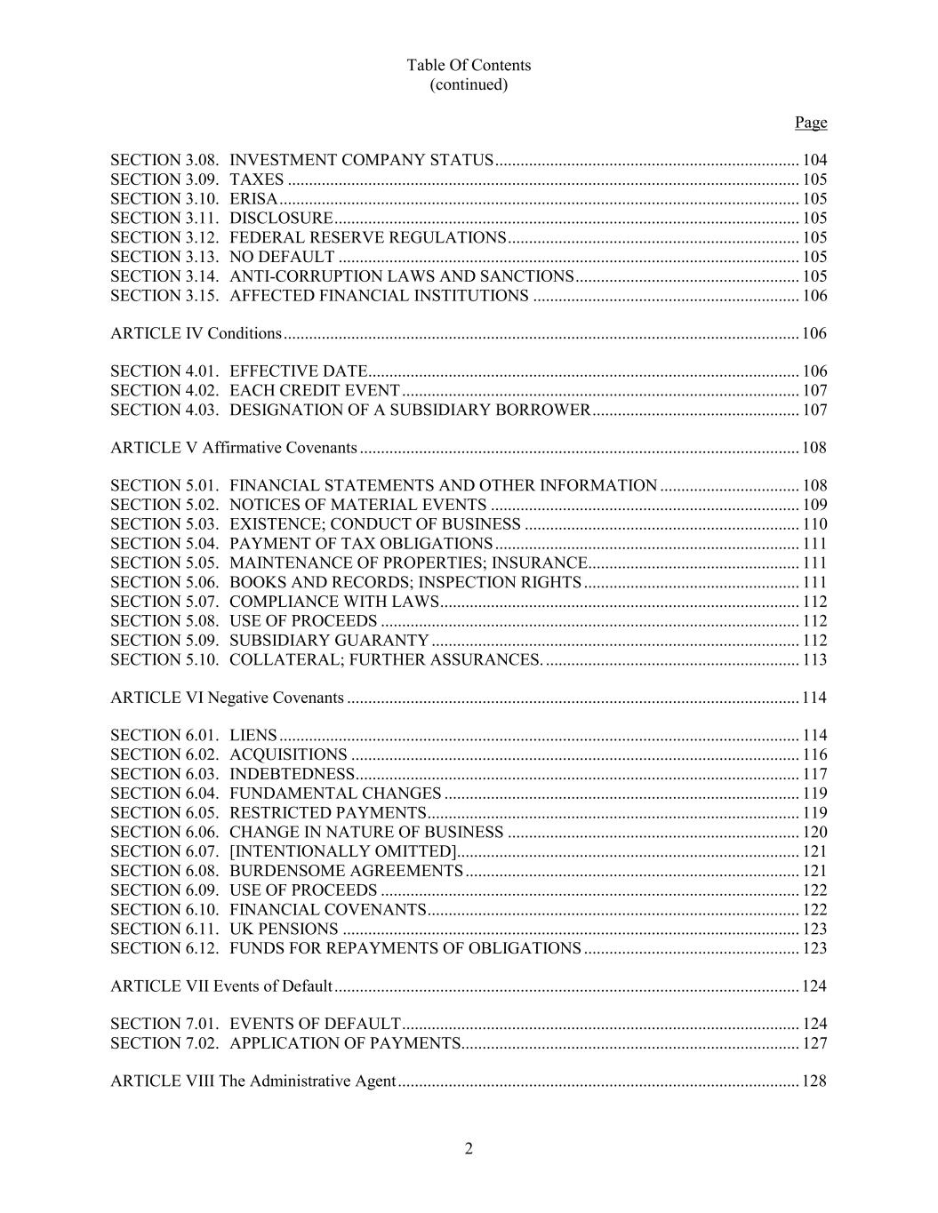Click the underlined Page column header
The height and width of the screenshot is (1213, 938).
click(810, 123)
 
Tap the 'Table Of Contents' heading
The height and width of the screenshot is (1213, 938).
click(469, 65)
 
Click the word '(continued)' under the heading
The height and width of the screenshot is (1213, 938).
click(469, 84)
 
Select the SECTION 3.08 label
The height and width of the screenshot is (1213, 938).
click(164, 161)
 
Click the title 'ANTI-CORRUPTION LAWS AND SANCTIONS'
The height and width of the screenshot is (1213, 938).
click(401, 276)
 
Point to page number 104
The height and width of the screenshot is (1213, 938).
click(814, 161)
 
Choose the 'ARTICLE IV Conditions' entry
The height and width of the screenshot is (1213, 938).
click(196, 334)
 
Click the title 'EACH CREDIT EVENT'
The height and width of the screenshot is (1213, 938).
click(315, 391)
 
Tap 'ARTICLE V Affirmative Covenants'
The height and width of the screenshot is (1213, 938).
click(234, 448)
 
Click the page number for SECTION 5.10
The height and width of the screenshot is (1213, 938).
click(814, 660)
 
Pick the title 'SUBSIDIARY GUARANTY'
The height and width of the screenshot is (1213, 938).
click(329, 641)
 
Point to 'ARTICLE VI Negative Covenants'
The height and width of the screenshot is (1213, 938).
click(227, 698)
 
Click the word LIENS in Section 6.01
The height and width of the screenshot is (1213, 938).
click(253, 736)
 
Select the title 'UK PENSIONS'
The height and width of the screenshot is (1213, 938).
click(284, 930)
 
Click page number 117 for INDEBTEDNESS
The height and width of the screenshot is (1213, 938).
click(814, 775)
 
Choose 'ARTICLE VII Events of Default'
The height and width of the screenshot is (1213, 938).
click(221, 986)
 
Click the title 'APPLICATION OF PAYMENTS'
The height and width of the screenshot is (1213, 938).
click(345, 1044)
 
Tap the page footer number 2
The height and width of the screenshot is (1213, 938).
click(469, 1149)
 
